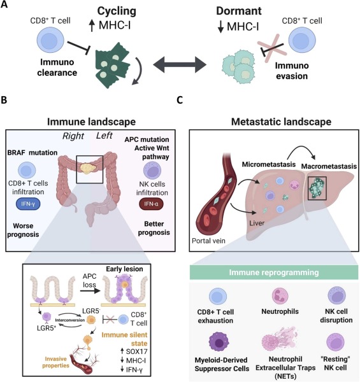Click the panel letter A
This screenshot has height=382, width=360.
(x=5, y=6)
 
